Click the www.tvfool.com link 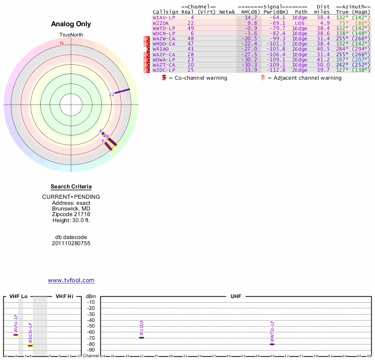71,280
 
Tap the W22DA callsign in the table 161,22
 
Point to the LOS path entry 299,22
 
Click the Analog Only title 71,24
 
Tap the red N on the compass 62,43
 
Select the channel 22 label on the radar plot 112,94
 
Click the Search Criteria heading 71,187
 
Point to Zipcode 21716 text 71,214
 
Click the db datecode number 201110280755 71,243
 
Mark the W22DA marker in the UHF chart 142,337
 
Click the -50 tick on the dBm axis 91,326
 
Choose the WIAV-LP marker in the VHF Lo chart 15,335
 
